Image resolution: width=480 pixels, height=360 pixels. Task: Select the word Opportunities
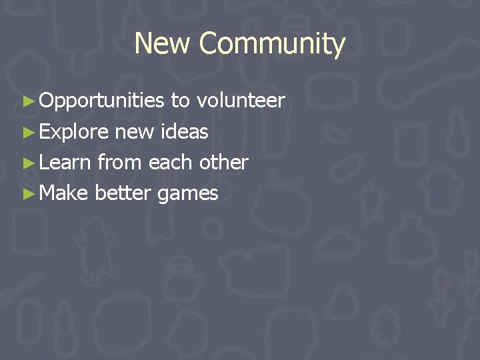[x=101, y=101]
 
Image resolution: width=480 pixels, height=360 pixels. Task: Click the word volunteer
[x=241, y=101]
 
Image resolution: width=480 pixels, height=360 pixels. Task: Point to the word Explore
[x=73, y=132]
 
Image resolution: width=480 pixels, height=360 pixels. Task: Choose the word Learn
[x=65, y=163]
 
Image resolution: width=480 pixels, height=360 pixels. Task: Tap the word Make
[x=64, y=193]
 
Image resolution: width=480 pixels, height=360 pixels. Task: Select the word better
[x=123, y=193]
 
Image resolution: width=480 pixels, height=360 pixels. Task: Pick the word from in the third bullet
[x=120, y=163]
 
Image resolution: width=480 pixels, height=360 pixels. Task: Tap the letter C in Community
[x=209, y=44]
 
